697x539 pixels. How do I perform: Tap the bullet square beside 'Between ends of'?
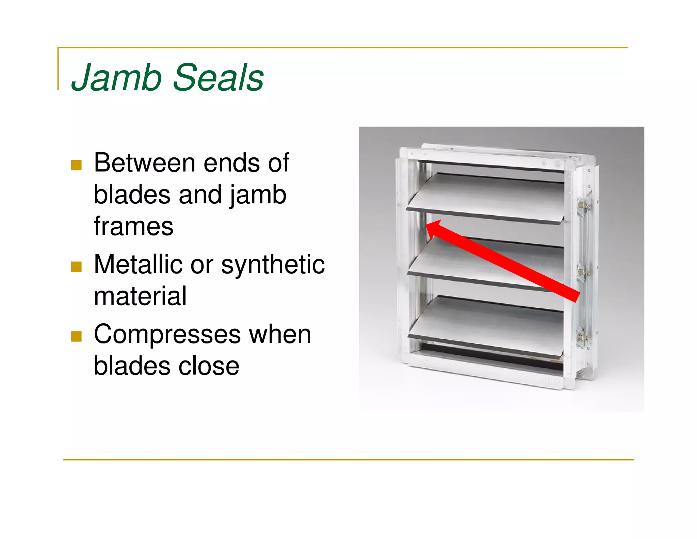coord(76,165)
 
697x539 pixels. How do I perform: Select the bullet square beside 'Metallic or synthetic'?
coord(76,266)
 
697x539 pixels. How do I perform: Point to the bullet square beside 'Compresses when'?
coord(76,336)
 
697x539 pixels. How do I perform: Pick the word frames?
coord(133,226)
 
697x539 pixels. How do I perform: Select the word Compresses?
coord(166,335)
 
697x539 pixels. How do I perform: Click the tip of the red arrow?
coord(427,225)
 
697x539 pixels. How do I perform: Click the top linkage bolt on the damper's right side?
coord(583,206)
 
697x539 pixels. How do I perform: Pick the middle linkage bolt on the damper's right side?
coord(583,272)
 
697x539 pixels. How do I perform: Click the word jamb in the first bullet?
coord(258,195)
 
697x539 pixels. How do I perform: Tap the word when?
coord(280,335)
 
